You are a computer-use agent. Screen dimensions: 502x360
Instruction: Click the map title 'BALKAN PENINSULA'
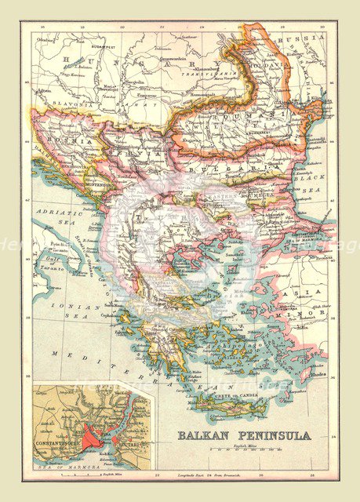click(x=243, y=435)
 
